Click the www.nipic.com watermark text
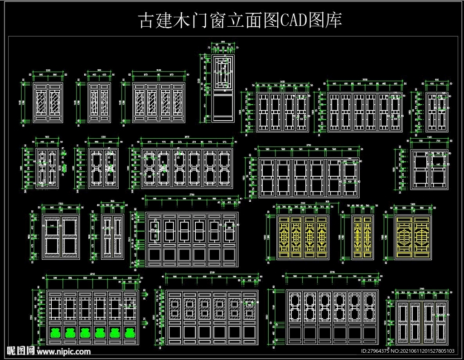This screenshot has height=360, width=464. [63, 351]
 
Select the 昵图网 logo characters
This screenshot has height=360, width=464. [20, 350]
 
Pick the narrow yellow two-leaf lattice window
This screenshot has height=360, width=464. [362, 237]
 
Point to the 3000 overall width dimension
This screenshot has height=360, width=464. [365, 80]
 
